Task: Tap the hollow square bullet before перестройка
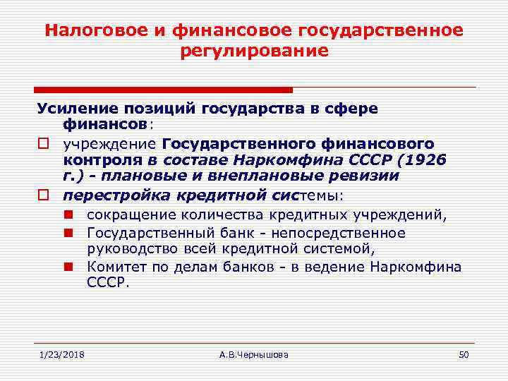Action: pyautogui.click(x=42, y=193)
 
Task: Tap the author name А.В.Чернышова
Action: pyautogui.click(x=254, y=353)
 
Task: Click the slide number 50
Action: pyautogui.click(x=463, y=353)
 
